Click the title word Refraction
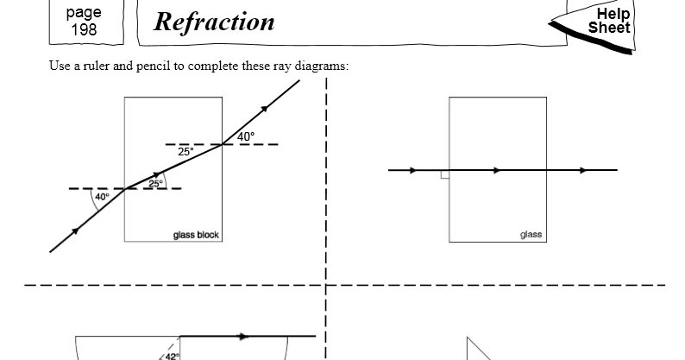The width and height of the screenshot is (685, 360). pyautogui.click(x=214, y=22)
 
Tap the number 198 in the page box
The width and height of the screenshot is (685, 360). pyautogui.click(x=84, y=29)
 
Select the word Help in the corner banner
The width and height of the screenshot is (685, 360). pyautogui.click(x=613, y=15)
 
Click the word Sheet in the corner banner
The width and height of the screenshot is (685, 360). pyautogui.click(x=609, y=28)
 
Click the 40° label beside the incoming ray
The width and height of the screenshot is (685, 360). pyautogui.click(x=102, y=197)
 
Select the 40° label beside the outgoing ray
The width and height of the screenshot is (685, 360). pyautogui.click(x=246, y=137)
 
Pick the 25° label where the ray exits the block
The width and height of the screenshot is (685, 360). pyautogui.click(x=185, y=152)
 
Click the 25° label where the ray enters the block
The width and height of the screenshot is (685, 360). pyautogui.click(x=155, y=183)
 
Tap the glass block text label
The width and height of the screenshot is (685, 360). pyautogui.click(x=196, y=236)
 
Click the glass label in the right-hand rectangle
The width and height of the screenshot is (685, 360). pyautogui.click(x=531, y=235)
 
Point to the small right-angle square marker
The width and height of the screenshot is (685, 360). pyautogui.click(x=445, y=174)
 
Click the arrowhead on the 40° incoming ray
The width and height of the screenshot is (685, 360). pyautogui.click(x=76, y=231)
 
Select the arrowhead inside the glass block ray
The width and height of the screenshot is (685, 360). pyautogui.click(x=157, y=175)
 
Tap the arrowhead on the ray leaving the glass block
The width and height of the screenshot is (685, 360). pyautogui.click(x=264, y=109)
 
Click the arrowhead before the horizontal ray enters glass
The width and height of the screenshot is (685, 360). pyautogui.click(x=413, y=170)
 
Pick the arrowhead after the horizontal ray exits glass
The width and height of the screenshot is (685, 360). pyautogui.click(x=584, y=170)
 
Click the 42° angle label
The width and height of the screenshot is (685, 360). pyautogui.click(x=173, y=357)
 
